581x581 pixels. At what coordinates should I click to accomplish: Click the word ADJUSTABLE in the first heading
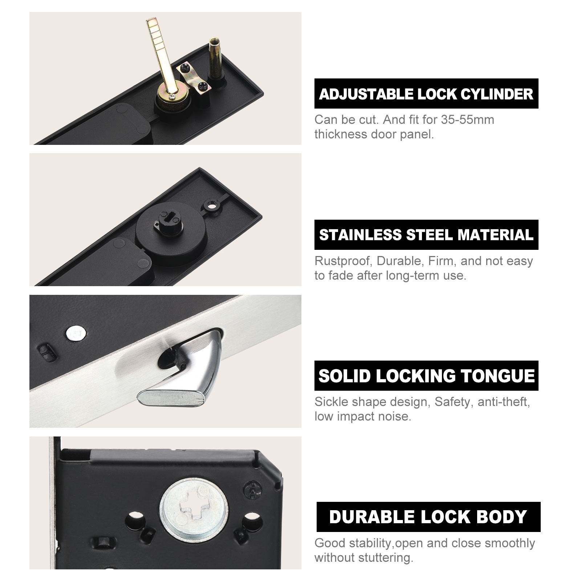pos(367,94)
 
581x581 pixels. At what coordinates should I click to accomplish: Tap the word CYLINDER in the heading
pos(497,94)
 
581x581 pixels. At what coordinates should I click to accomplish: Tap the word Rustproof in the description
pos(344,261)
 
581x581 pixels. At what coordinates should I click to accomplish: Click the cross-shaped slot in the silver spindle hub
pos(194,506)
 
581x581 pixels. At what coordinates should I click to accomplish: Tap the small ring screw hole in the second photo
pos(211,205)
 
